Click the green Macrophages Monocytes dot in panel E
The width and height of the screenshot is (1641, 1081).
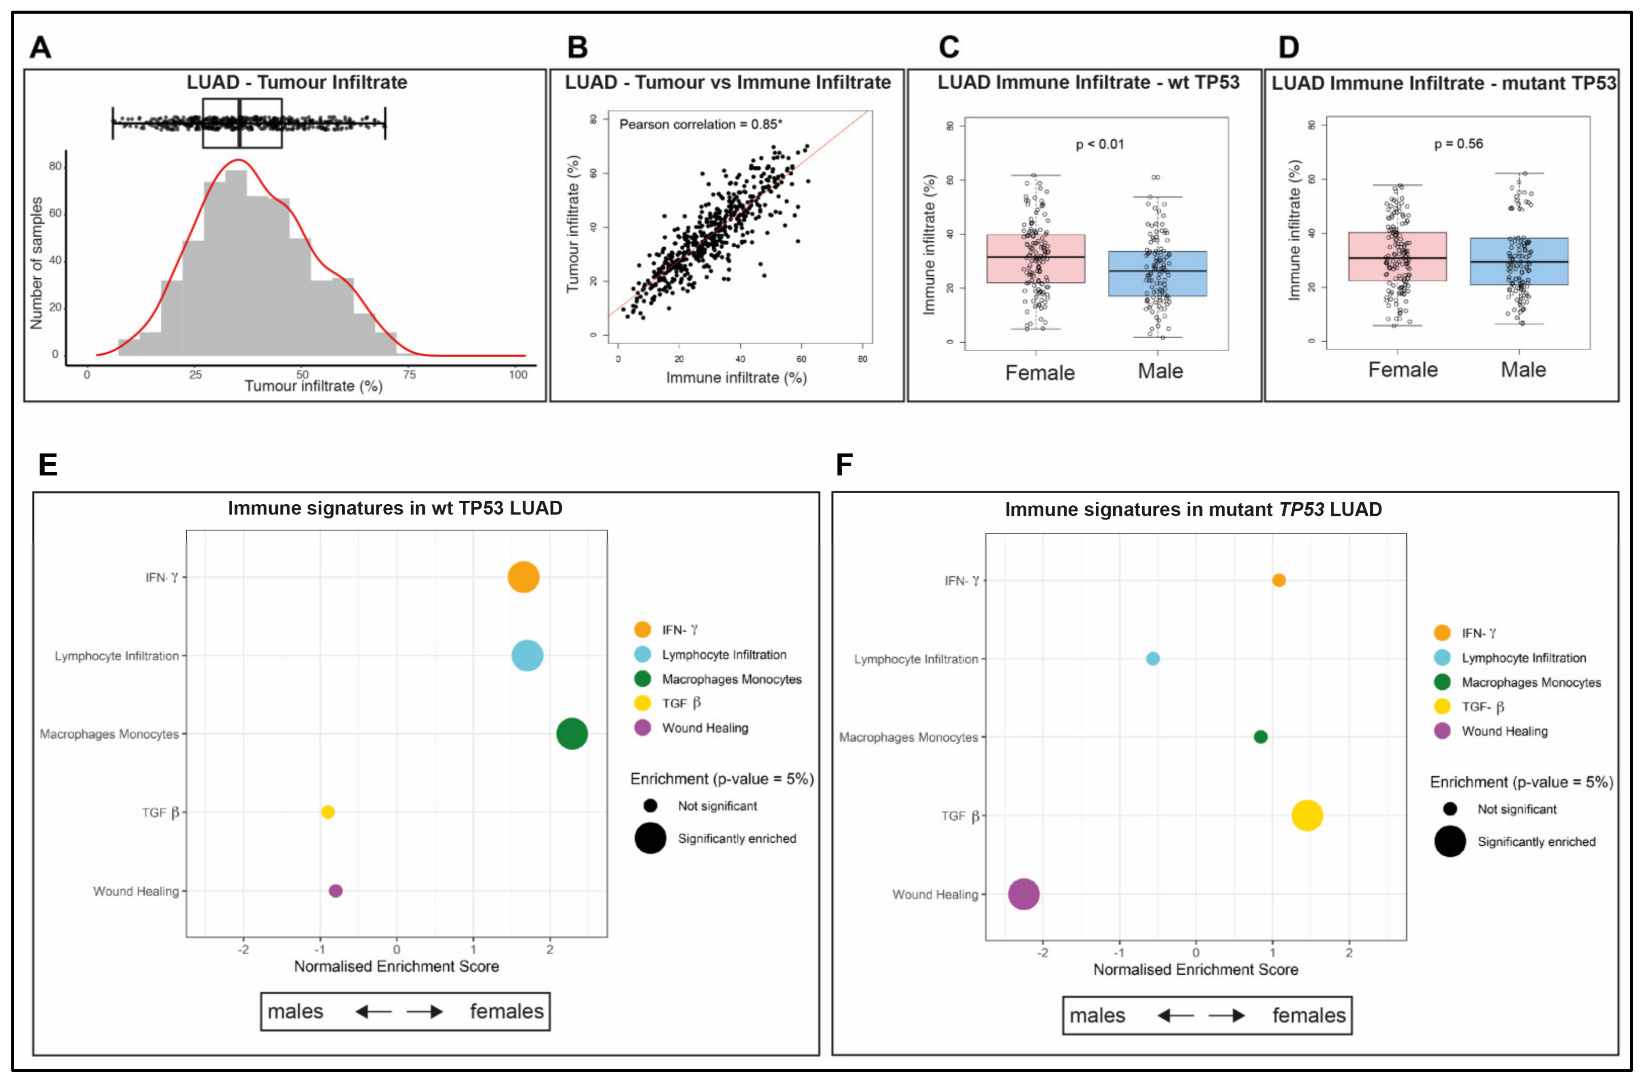pos(572,733)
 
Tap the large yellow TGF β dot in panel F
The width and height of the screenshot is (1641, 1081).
pos(1306,815)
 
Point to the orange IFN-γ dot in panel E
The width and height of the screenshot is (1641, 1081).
pos(523,577)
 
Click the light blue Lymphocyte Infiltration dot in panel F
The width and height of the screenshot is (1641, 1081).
pos(1152,658)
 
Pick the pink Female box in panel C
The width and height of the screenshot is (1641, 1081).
pos(1036,258)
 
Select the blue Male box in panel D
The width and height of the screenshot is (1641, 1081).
pos(1519,262)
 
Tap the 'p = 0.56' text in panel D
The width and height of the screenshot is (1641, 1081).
pos(1458,144)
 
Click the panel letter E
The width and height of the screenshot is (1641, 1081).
pos(48,465)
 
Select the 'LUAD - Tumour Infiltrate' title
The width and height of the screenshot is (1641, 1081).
pos(297,83)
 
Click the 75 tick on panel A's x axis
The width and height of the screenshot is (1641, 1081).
pos(410,375)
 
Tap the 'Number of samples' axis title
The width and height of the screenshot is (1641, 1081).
pos(37,263)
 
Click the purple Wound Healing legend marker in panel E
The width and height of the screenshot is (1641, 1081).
pos(642,728)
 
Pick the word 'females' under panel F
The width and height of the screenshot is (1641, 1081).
pos(1308,1016)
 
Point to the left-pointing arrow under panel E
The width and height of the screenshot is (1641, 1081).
pos(373,1012)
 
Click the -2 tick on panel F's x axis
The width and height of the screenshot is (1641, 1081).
pos(1042,953)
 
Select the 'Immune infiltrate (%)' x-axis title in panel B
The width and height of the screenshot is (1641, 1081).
pos(736,378)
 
